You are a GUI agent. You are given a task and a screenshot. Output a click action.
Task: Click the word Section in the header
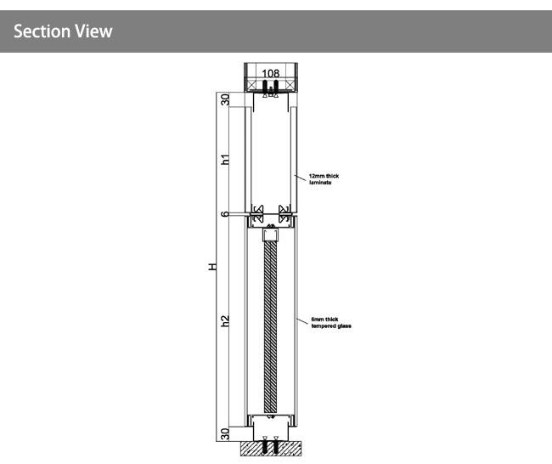click(42, 31)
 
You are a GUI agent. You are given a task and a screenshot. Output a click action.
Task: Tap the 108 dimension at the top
click(271, 73)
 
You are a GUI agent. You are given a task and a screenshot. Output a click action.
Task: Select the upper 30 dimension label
click(225, 99)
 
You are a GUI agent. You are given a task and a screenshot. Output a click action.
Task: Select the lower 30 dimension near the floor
click(225, 433)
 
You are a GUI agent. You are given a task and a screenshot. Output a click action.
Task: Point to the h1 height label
click(225, 159)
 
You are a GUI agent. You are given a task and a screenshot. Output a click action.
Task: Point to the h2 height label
click(225, 320)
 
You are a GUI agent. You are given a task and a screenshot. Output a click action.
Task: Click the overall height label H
click(212, 267)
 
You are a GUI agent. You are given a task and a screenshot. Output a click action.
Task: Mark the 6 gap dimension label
click(225, 214)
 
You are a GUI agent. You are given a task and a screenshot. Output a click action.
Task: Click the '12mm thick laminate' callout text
click(324, 179)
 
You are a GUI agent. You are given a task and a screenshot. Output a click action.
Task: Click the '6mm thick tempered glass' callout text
click(331, 323)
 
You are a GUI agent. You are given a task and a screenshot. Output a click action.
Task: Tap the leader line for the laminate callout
click(301, 178)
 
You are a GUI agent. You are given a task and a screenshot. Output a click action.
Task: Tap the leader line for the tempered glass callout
click(303, 321)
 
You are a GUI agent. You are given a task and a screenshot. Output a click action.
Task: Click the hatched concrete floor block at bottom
click(271, 448)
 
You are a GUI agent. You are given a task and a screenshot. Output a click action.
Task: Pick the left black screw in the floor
click(265, 447)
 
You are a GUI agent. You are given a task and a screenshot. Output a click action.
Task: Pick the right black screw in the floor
click(276, 447)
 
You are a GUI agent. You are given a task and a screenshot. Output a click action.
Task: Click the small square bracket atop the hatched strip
click(270, 235)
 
